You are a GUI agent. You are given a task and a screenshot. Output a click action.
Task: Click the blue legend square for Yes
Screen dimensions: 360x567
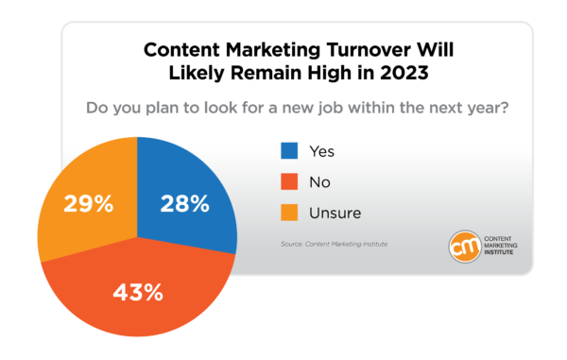click(290, 150)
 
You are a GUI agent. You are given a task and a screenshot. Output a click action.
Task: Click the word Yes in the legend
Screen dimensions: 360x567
click(322, 150)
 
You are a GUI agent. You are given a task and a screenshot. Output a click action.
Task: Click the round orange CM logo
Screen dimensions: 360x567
click(466, 246)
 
